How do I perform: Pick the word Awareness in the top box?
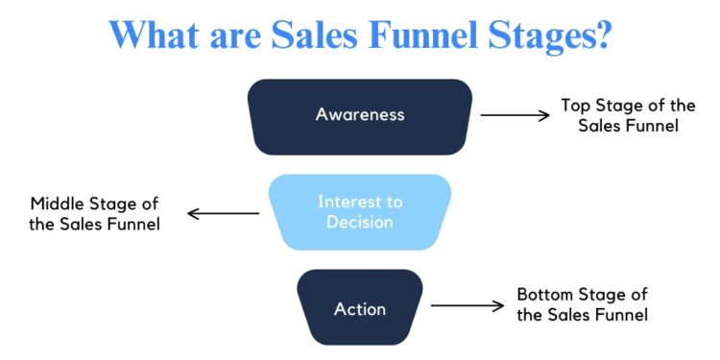coord(360,114)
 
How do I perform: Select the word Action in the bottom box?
coord(360,309)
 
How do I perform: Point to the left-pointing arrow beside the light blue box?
coord(223,213)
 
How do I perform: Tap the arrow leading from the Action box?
coord(467,306)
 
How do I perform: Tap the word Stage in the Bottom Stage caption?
coord(596,295)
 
